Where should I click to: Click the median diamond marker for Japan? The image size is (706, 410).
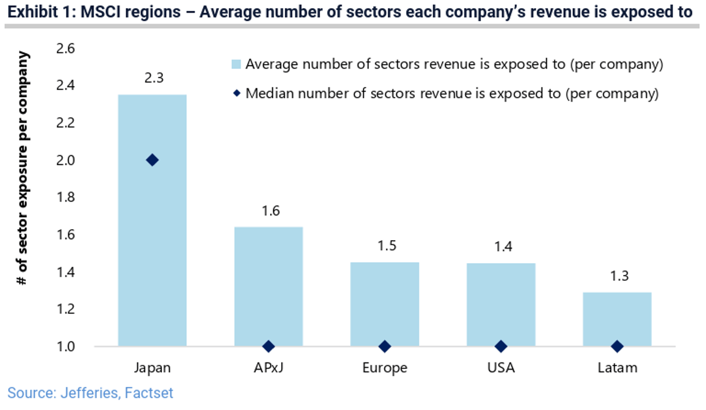point(152,160)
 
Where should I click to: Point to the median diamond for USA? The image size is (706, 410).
point(501,347)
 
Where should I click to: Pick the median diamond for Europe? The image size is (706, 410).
point(385,347)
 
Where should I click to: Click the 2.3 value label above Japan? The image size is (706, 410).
point(152,78)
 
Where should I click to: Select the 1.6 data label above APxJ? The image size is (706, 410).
point(268,210)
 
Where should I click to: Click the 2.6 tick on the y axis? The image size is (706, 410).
point(65,49)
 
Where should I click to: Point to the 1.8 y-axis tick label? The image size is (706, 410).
point(65,197)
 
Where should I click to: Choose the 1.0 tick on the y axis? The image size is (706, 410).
point(65,347)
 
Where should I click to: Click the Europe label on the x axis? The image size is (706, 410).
point(385,368)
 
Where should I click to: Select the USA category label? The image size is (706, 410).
point(501,368)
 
